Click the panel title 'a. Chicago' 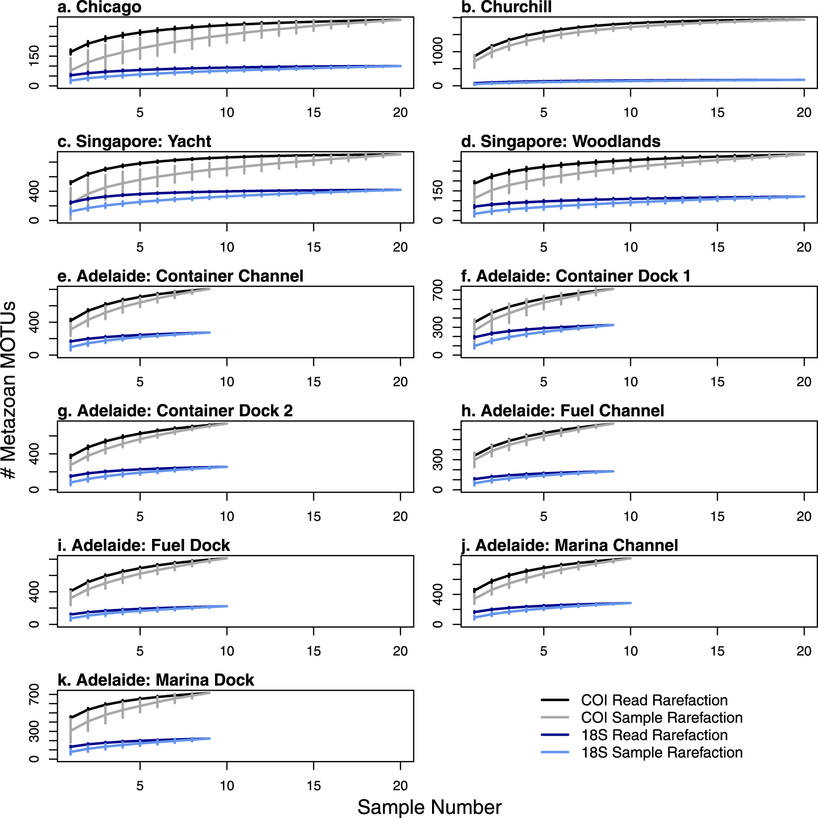point(100,7)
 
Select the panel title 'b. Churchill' point(506,7)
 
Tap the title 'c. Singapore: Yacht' point(134,142)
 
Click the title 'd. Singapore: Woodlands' point(561,142)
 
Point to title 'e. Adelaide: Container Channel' point(180,276)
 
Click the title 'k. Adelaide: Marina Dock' point(156,680)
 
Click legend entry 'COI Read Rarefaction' point(654,701)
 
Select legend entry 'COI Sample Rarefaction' point(661,718)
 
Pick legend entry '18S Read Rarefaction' point(654,735)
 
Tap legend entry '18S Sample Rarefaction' point(661,753)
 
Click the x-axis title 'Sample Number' point(430,807)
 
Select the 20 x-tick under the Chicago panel point(400,113)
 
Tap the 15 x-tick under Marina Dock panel point(314,786)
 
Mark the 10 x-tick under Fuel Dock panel point(227,651)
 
